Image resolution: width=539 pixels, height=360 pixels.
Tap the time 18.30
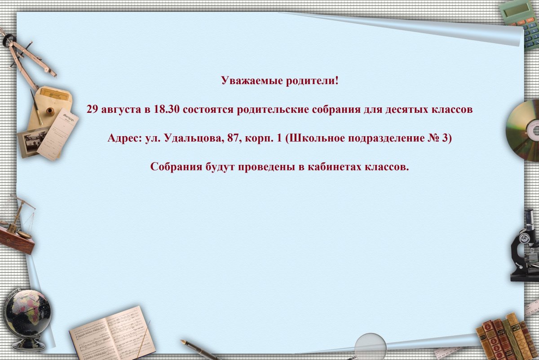(x=167, y=110)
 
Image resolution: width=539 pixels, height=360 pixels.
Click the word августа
(x=120, y=110)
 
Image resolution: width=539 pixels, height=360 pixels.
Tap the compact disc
(x=524, y=130)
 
